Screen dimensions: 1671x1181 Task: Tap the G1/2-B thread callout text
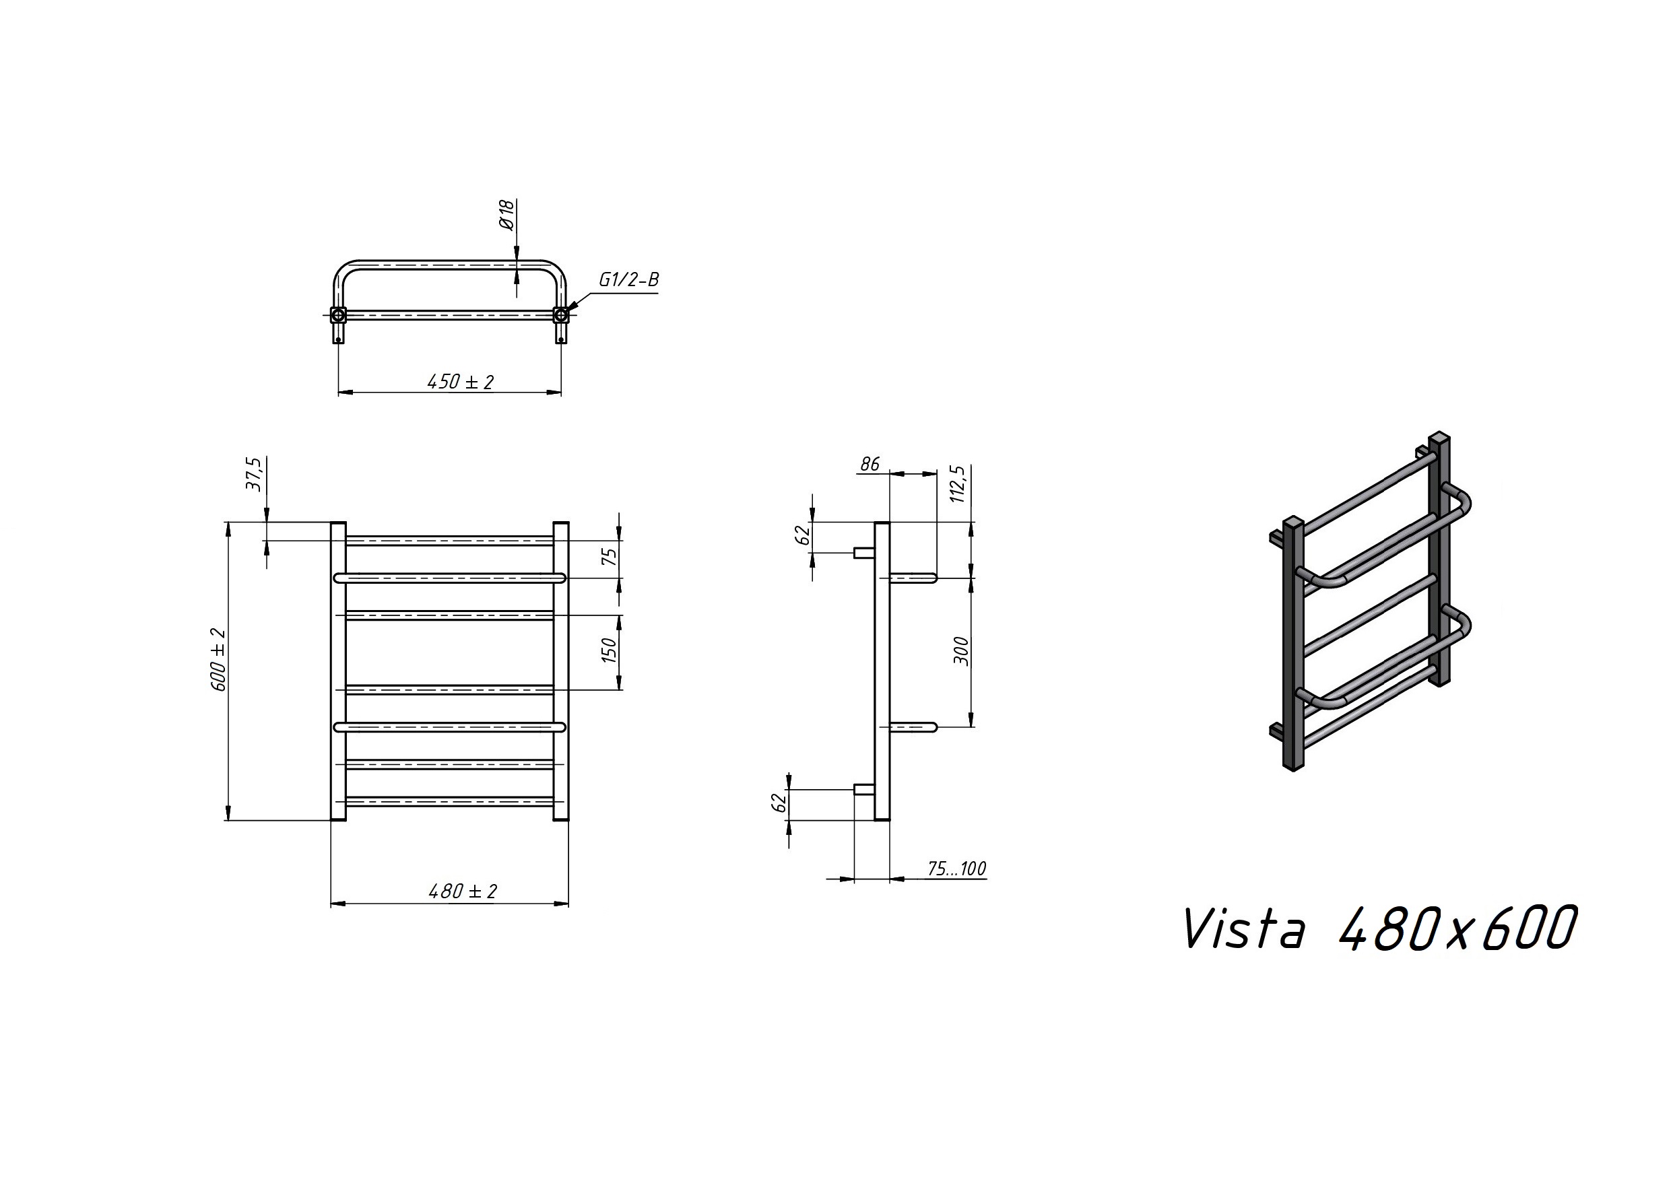[629, 280]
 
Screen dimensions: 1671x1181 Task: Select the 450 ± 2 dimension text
[461, 381]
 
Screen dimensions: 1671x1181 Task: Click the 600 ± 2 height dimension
[218, 659]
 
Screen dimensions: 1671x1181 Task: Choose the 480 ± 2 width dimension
[463, 891]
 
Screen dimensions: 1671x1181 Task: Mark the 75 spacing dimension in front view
[610, 556]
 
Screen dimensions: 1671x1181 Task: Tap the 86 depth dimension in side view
[870, 464]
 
